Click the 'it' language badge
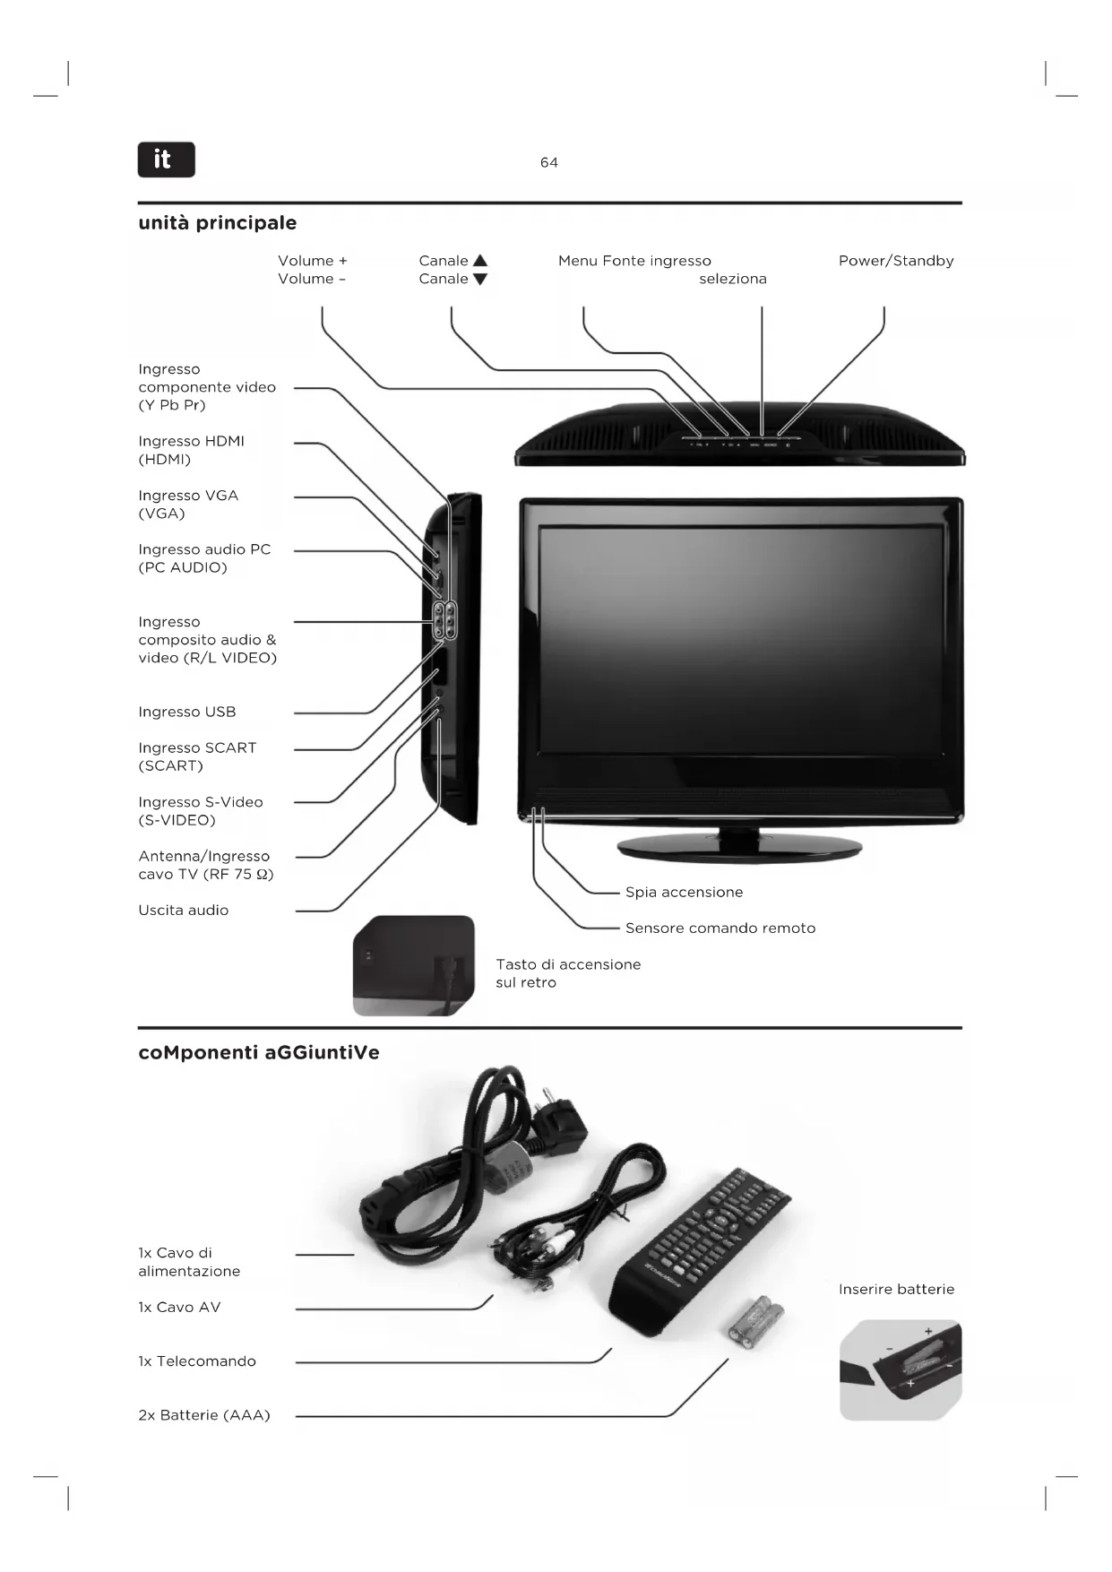pyautogui.click(x=166, y=160)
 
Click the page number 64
pyautogui.click(x=548, y=162)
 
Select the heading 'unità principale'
pyautogui.click(x=217, y=222)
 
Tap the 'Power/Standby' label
pyautogui.click(x=895, y=261)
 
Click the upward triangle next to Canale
pyautogui.click(x=480, y=261)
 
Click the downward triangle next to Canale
pyautogui.click(x=480, y=279)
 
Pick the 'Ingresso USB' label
pyautogui.click(x=186, y=712)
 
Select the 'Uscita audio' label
pyautogui.click(x=183, y=910)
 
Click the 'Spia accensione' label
pyautogui.click(x=684, y=892)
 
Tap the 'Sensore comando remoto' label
pyautogui.click(x=720, y=928)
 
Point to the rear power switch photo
pyautogui.click(x=413, y=965)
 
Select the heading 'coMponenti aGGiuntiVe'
pyautogui.click(x=258, y=1052)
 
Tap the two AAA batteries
pyautogui.click(x=755, y=1320)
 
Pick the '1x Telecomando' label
pyautogui.click(x=196, y=1361)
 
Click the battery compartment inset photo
pyautogui.click(x=900, y=1369)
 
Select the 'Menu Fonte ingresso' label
pyautogui.click(x=634, y=261)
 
